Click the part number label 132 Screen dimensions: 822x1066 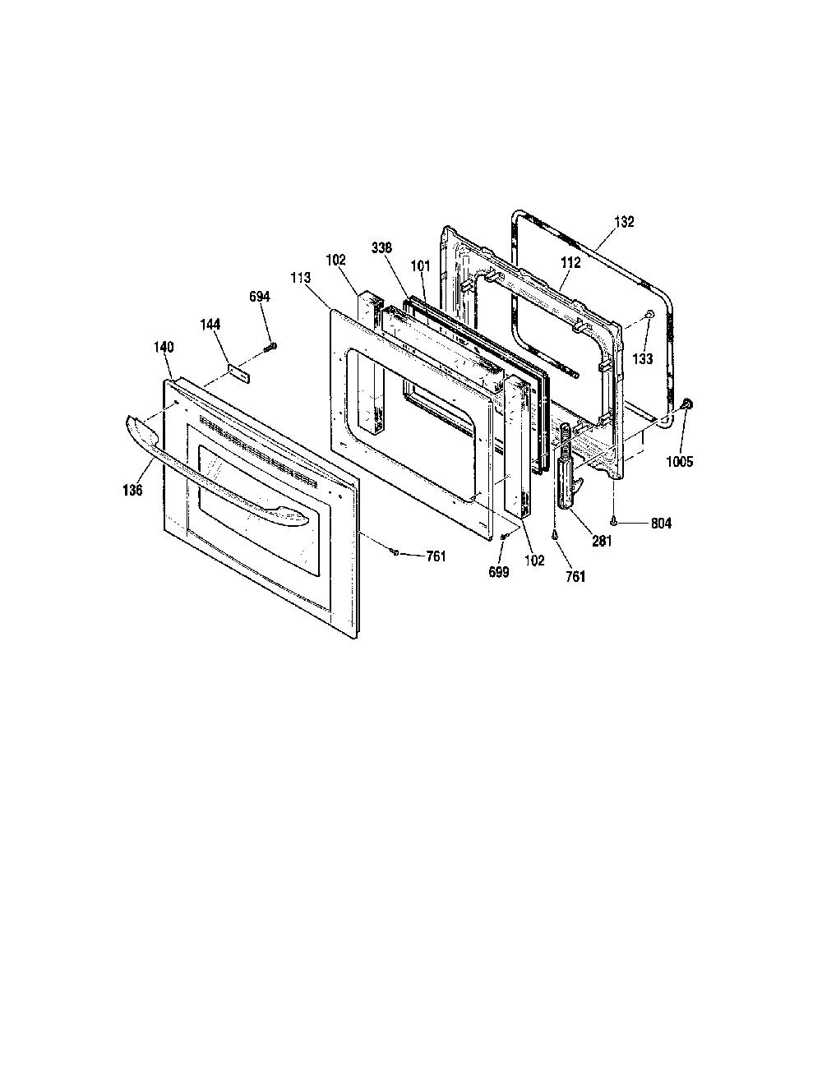[624, 222]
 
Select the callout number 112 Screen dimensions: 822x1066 [570, 262]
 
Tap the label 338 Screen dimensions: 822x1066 [381, 247]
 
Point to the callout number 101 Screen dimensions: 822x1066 [420, 266]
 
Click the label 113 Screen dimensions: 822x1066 [300, 278]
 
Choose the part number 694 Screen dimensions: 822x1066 [260, 297]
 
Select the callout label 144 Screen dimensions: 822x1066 [210, 325]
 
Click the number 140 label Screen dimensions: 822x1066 [164, 347]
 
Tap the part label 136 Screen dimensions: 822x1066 [132, 490]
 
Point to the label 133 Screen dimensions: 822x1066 [643, 359]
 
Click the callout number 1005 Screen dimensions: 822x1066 [679, 461]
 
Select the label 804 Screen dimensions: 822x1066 [661, 524]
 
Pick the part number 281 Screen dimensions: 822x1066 [602, 541]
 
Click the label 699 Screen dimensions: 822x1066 [498, 571]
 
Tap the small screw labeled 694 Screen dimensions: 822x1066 [270, 348]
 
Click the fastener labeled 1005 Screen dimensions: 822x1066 [687, 404]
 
